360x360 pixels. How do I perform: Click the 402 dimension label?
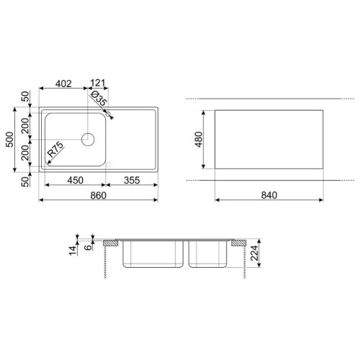(x=63, y=84)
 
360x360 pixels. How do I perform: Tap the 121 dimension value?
(x=98, y=83)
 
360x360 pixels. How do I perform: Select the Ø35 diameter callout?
(x=99, y=99)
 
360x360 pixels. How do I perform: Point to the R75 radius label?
(x=55, y=149)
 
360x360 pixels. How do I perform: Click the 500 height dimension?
(x=9, y=140)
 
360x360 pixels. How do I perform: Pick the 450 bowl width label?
(x=75, y=180)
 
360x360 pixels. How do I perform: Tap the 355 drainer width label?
(x=132, y=180)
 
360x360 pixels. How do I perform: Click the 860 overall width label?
(x=98, y=195)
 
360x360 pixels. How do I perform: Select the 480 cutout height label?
(x=199, y=140)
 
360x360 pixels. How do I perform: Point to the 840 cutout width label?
(x=269, y=195)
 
